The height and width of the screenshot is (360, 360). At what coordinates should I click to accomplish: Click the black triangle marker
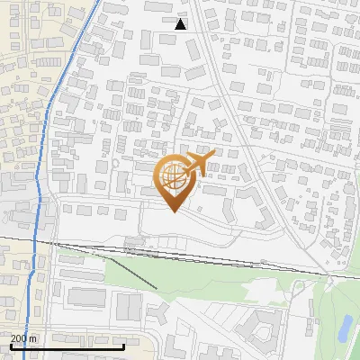181,24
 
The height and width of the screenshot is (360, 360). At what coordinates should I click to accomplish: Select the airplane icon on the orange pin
198,162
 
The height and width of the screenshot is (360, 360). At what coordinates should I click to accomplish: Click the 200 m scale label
23,338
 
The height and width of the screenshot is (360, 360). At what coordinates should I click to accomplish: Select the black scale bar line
67,346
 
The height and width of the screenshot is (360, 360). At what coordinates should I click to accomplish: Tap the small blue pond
345,328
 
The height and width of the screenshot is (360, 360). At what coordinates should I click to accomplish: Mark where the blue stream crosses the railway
36,241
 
